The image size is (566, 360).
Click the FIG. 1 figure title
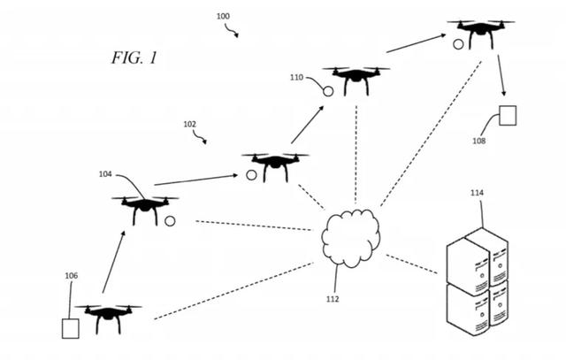[x=134, y=58]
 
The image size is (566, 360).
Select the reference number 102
[x=189, y=124]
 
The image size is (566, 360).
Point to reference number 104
[x=105, y=174]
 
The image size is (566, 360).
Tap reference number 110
[x=296, y=78]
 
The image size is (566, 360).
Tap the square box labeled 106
[x=70, y=328]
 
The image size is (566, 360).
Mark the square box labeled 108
[x=507, y=116]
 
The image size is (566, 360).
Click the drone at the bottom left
[x=108, y=316]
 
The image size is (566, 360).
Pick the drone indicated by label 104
[x=144, y=209]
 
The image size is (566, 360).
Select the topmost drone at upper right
[x=480, y=31]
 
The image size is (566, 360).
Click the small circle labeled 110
[x=327, y=90]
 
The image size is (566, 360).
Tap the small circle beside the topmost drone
[x=458, y=42]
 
